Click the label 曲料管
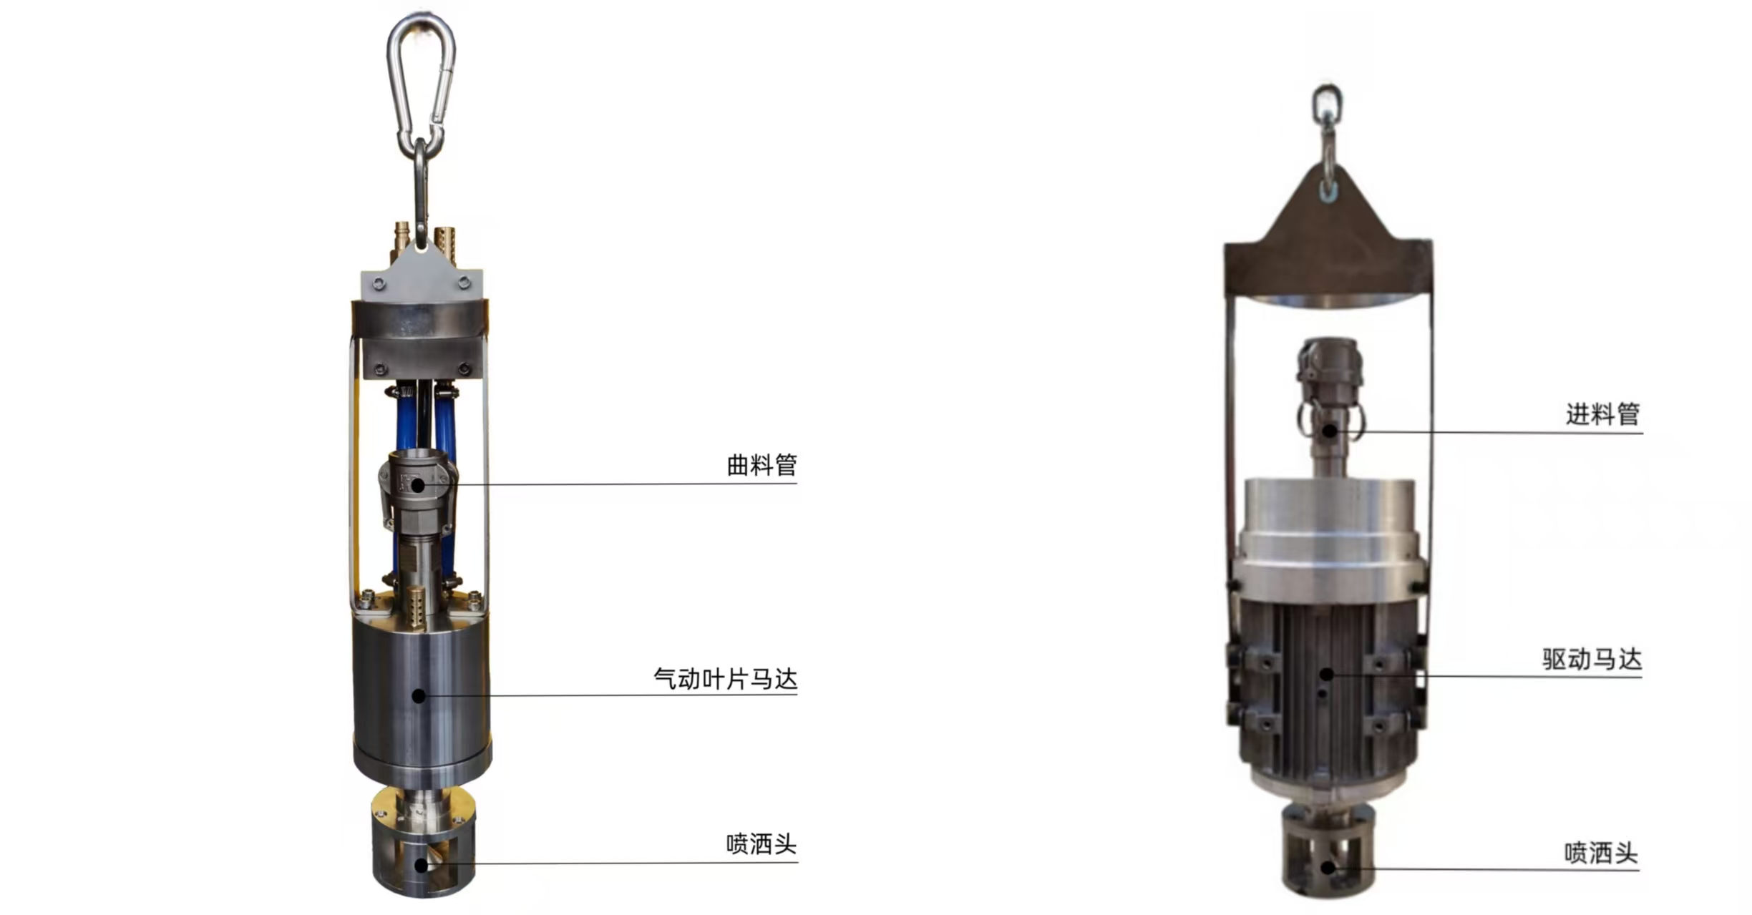(x=761, y=465)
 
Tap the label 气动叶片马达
(x=725, y=678)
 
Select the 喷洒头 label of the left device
(x=761, y=844)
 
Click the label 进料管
(x=1602, y=414)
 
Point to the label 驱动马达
(x=1592, y=659)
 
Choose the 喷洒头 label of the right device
(x=1601, y=853)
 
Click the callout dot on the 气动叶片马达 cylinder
(x=419, y=695)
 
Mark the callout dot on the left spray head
(x=422, y=866)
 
